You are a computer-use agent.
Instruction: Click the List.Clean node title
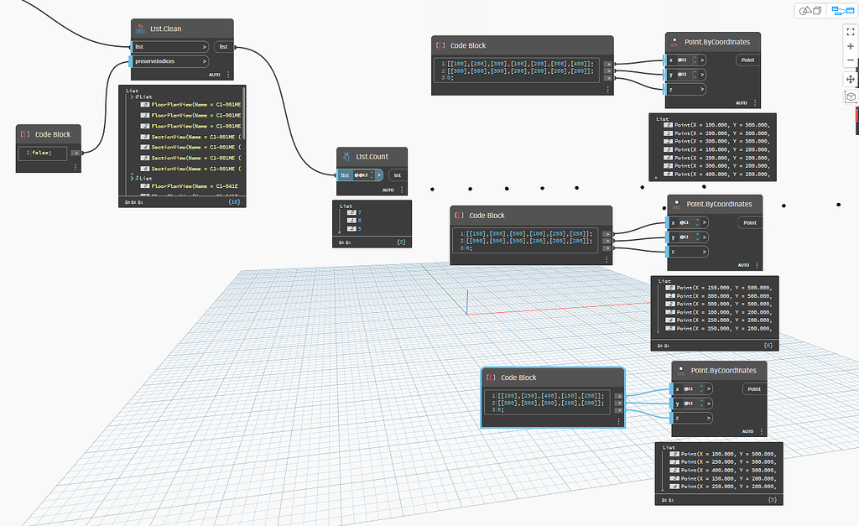pos(166,29)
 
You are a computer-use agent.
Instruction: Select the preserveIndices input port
pos(170,61)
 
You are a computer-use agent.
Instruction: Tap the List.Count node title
pos(372,157)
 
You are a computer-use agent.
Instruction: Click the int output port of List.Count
pos(398,175)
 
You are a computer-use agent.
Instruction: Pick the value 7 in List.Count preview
pos(360,212)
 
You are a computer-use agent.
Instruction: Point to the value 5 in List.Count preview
pos(360,228)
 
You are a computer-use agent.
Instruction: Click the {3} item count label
pos(401,242)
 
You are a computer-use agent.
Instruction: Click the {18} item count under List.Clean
pos(234,202)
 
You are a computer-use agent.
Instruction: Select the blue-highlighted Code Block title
pos(518,378)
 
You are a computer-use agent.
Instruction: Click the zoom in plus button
pos(851,45)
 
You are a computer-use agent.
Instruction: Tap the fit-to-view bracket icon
pos(851,30)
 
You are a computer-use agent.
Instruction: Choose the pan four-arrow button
pos(851,78)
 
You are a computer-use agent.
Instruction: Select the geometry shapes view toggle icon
pos(810,11)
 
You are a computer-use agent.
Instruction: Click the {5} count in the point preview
pos(772,499)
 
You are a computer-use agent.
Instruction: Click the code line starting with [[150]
pos(531,233)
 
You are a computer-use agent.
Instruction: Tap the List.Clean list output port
pos(223,47)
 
